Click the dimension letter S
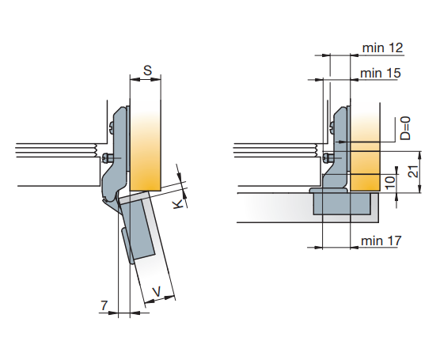point(147,70)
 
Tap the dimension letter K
point(179,204)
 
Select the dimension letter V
point(157,292)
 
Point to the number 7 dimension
point(104,305)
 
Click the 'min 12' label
point(383,48)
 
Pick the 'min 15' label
point(381,74)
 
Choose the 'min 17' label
point(381,241)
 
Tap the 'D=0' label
point(405,128)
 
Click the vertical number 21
point(413,171)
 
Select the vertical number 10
point(390,183)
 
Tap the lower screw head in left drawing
point(105,158)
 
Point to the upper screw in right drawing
point(332,127)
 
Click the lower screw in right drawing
point(326,157)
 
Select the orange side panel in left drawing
point(146,146)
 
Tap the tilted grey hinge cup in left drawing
point(138,227)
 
